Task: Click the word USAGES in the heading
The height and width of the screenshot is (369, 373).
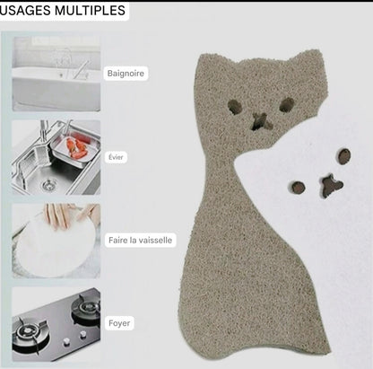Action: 25,11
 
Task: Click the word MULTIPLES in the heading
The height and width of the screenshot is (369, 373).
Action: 90,11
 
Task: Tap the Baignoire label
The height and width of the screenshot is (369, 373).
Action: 126,74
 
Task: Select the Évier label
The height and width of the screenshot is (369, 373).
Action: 116,157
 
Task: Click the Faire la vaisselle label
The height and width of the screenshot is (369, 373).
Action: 140,240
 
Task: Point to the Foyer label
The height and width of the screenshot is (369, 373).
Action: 119,323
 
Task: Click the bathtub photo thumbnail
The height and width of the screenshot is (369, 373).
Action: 56,74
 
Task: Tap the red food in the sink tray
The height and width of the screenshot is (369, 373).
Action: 77,147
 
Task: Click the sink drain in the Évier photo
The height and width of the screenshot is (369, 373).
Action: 48,185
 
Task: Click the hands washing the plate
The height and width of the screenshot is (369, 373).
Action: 72,216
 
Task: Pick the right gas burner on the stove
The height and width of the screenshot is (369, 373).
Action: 87,308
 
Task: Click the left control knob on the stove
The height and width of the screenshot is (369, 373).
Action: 66,341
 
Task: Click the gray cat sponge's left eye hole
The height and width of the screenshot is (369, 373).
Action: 235,107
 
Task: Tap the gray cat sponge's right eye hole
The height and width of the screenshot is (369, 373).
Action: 287,105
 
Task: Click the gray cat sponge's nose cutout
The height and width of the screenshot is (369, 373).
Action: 261,121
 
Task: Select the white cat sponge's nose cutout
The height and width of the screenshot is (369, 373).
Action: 331,186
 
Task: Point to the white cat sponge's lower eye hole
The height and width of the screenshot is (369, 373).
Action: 298,187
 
